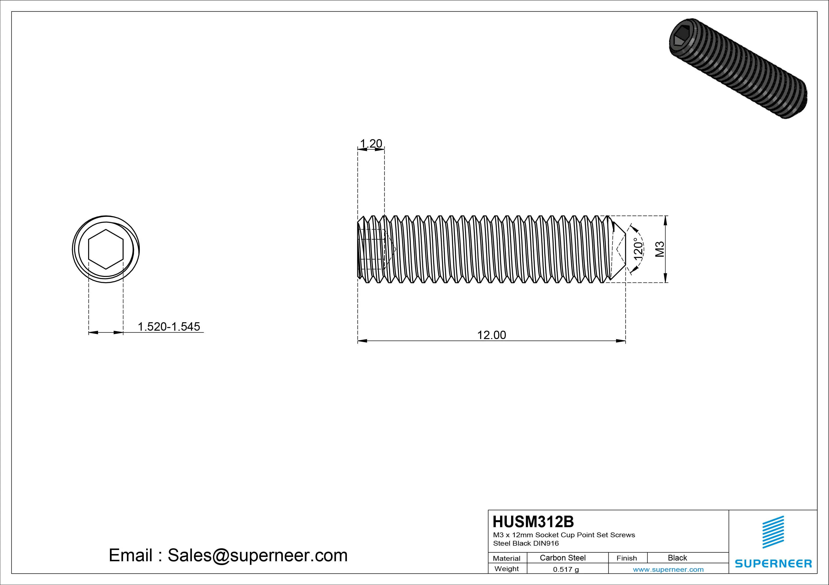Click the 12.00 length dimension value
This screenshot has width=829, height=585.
coord(491,335)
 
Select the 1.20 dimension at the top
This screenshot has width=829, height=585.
coord(371,144)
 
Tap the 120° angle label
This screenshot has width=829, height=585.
coord(638,249)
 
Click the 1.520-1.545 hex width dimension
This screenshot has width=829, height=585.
coord(169,327)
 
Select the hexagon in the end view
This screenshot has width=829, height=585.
coord(106,249)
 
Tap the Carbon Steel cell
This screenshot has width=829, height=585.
coord(563,558)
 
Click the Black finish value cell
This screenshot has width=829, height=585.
coord(677,558)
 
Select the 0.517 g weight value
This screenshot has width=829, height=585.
coord(566,569)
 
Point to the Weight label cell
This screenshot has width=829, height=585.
coord(507,569)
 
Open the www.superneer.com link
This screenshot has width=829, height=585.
coord(668,569)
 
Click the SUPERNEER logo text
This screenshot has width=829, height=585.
coord(773,563)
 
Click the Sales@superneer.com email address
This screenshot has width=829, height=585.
coord(257,555)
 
